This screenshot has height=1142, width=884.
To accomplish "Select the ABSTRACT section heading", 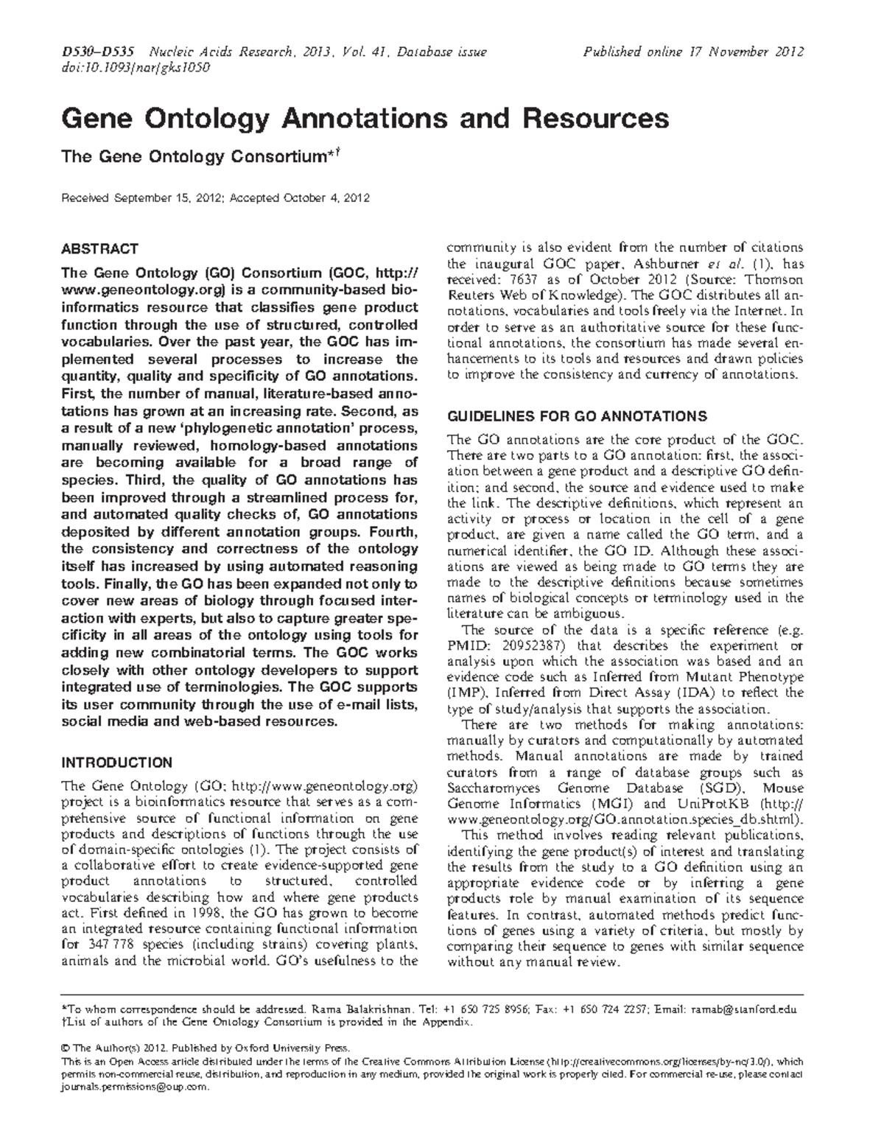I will [99, 249].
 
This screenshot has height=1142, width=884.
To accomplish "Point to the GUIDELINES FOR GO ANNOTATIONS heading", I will [578, 415].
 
